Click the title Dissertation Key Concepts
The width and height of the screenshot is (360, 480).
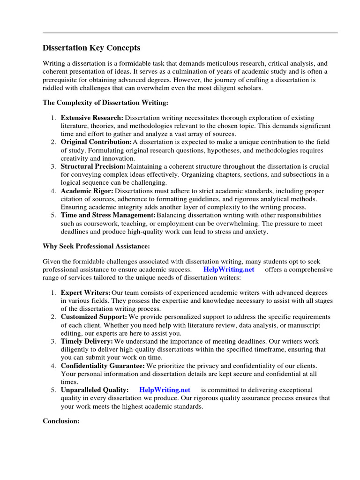[x=91, y=48]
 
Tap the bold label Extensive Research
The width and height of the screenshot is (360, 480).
[x=92, y=118]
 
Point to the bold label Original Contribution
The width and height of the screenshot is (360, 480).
[x=96, y=142]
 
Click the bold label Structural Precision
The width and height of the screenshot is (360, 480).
[x=93, y=166]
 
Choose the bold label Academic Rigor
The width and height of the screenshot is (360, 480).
[x=87, y=191]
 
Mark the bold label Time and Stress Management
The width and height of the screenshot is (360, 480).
[x=108, y=215]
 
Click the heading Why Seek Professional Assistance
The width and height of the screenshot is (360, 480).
[x=97, y=246]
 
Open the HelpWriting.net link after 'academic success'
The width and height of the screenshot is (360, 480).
[x=229, y=270]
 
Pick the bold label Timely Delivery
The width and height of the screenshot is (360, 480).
[x=87, y=341]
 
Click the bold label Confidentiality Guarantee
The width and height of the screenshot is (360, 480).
[x=103, y=366]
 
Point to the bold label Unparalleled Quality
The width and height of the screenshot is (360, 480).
[x=94, y=390]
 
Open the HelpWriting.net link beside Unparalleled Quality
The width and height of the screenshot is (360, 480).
[x=165, y=390]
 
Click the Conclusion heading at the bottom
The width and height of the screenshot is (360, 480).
[x=61, y=421]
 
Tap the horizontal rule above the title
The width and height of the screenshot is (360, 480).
[x=190, y=33]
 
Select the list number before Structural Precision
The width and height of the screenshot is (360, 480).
[x=53, y=166]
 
